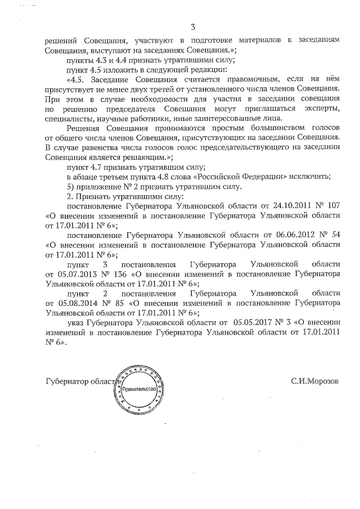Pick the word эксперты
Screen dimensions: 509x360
click(x=320, y=110)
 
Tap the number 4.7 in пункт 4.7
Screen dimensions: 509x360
click(x=99, y=167)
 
